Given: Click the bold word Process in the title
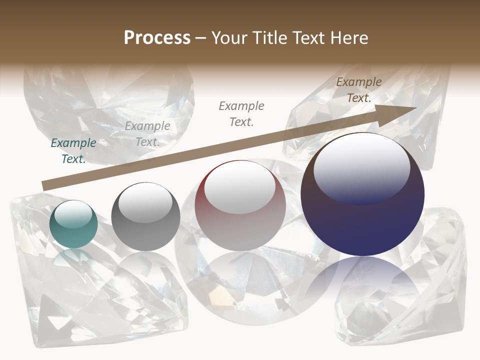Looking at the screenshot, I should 157,38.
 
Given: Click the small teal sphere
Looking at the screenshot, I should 73,224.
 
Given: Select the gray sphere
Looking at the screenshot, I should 145,217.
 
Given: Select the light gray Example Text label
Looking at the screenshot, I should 147,134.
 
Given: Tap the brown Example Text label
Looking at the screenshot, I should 358,90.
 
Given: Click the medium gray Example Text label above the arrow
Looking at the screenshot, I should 241,113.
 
